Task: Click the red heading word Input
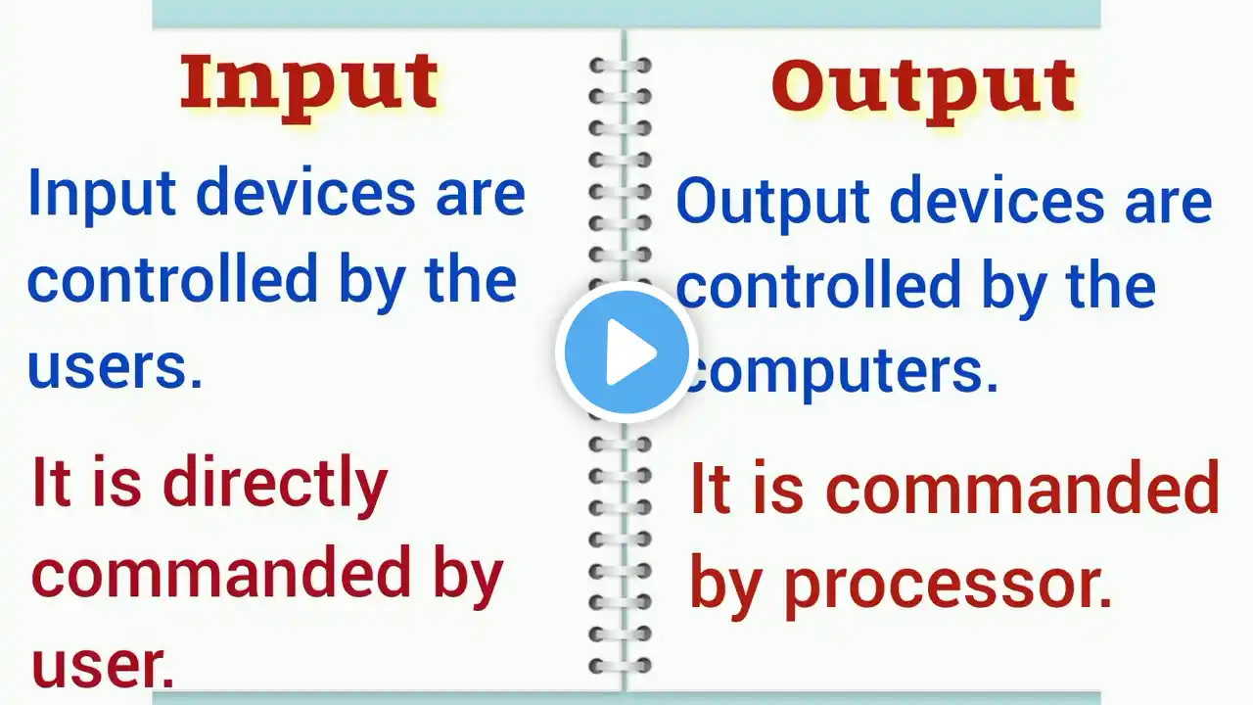pyautogui.click(x=309, y=87)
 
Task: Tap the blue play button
pyautogui.click(x=626, y=352)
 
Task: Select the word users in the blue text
pyautogui.click(x=114, y=367)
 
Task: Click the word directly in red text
pyautogui.click(x=275, y=484)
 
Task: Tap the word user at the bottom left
pyautogui.click(x=103, y=666)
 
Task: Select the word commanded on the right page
pyautogui.click(x=1023, y=487)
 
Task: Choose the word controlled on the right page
pyautogui.click(x=819, y=284)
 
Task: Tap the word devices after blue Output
pyautogui.click(x=998, y=201)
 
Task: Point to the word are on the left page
pyautogui.click(x=481, y=198)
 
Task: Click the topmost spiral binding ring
pyautogui.click(x=621, y=66)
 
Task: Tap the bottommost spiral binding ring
pyautogui.click(x=621, y=666)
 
